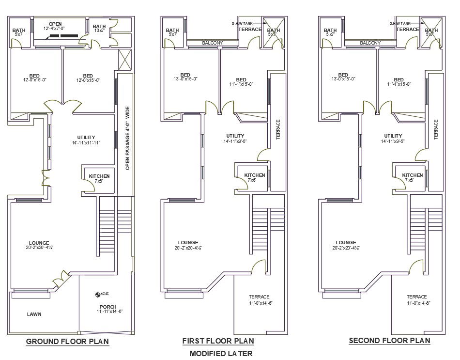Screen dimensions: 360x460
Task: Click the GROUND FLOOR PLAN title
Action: pyautogui.click(x=67, y=342)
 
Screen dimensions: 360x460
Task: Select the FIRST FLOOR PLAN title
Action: pyautogui.click(x=218, y=342)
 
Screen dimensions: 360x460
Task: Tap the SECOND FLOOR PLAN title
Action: pyautogui.click(x=389, y=341)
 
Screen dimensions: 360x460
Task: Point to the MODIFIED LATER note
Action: pyautogui.click(x=221, y=353)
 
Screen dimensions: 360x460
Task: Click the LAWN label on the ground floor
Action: pyautogui.click(x=34, y=314)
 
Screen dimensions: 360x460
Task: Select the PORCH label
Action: pyautogui.click(x=107, y=307)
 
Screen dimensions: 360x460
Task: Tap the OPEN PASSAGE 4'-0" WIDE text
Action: pyautogui.click(x=127, y=138)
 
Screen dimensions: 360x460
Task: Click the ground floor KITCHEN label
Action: pyautogui.click(x=99, y=176)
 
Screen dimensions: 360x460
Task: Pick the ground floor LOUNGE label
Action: pyautogui.click(x=39, y=243)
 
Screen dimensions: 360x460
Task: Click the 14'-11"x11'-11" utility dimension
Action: pyautogui.click(x=86, y=143)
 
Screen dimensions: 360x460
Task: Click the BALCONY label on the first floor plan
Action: pyautogui.click(x=212, y=43)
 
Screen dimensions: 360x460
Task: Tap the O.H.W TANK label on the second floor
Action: pyautogui.click(x=400, y=23)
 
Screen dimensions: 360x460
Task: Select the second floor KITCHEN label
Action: pyautogui.click(x=412, y=175)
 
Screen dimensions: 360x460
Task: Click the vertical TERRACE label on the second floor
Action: pyautogui.click(x=436, y=130)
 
